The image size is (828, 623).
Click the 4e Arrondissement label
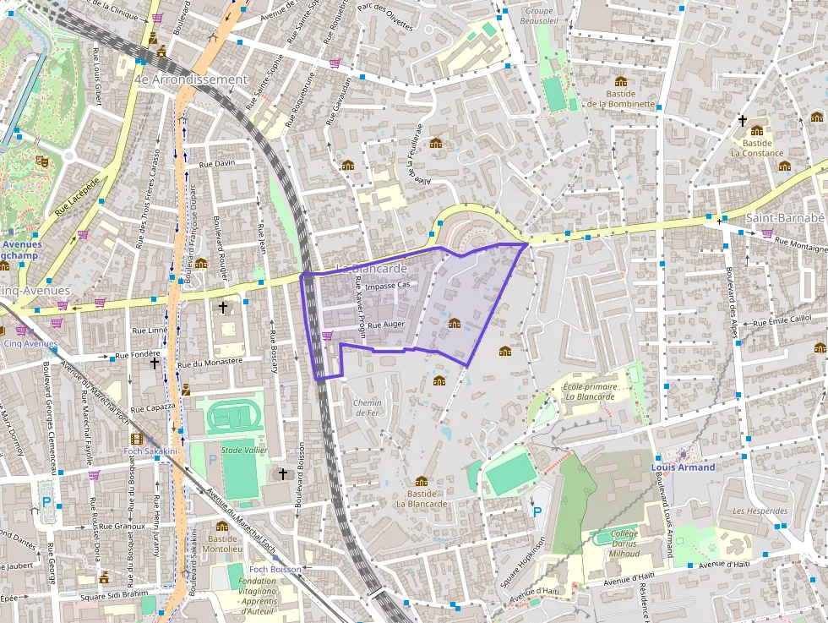click(190, 79)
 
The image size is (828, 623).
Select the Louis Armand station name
click(683, 467)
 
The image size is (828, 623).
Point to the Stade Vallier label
click(243, 451)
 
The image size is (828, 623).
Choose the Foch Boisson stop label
click(275, 570)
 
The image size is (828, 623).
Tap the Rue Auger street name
click(387, 324)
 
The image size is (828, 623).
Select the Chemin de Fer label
click(368, 407)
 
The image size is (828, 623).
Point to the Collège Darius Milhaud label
click(625, 544)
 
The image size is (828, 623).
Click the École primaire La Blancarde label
click(588, 391)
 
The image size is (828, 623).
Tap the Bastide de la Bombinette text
click(621, 99)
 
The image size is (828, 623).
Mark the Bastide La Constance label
click(757, 148)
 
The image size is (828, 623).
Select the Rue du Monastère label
click(210, 362)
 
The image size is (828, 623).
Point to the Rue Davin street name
click(216, 163)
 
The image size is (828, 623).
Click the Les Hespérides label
click(760, 511)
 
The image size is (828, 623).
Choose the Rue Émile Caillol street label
click(782, 320)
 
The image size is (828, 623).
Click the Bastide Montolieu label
click(222, 544)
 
